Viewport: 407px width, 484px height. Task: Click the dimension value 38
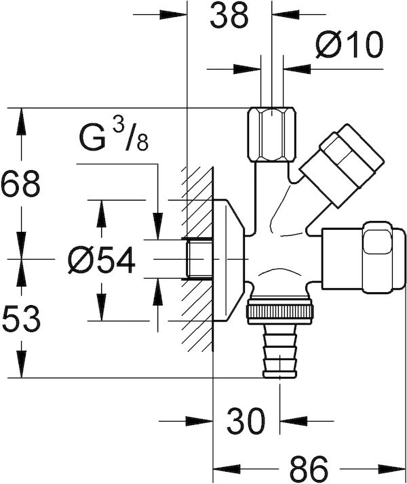point(229,15)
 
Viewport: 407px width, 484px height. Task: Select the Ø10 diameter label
point(349,44)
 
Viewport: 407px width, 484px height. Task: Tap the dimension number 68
point(20,184)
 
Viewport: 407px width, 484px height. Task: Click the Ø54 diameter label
point(102,260)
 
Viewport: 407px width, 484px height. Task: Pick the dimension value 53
point(21,319)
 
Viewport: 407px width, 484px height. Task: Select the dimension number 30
point(246,421)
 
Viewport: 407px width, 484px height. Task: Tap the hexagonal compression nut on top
point(272,135)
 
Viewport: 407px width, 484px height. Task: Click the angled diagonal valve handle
point(341,165)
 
